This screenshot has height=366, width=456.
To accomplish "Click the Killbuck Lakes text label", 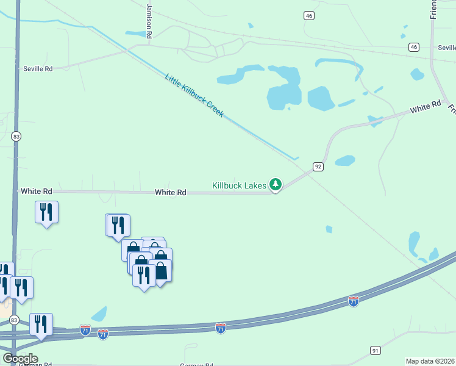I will [238, 184].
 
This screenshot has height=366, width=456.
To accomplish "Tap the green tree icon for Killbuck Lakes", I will [276, 184].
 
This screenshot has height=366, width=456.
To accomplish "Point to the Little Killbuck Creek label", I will [194, 95].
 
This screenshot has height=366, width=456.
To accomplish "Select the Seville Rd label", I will [38, 69].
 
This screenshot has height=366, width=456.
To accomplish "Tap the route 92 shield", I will [318, 166].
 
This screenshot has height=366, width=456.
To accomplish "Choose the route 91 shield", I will [375, 350].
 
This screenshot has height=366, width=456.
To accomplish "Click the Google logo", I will [20, 359].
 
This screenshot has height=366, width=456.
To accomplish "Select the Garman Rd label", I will [196, 365].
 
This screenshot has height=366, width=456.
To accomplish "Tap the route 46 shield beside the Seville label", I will [414, 47].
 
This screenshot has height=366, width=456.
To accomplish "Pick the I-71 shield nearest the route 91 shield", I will [354, 301].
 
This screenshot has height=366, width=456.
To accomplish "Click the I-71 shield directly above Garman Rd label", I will [221, 328].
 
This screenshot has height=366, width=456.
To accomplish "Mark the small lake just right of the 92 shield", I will [344, 160].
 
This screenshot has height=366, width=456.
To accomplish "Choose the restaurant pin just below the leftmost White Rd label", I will [46, 212].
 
